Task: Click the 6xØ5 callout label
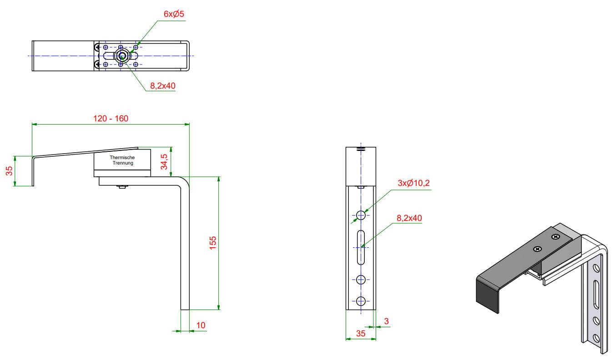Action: point(174,14)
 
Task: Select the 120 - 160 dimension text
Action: point(111,119)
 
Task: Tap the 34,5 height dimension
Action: point(164,162)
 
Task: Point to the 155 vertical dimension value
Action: point(213,243)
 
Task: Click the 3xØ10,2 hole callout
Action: point(413,183)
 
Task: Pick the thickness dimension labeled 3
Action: point(387,321)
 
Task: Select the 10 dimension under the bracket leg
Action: point(201,325)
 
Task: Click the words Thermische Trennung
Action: point(122,160)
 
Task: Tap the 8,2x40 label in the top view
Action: point(162,86)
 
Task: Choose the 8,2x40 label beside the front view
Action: point(409,218)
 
